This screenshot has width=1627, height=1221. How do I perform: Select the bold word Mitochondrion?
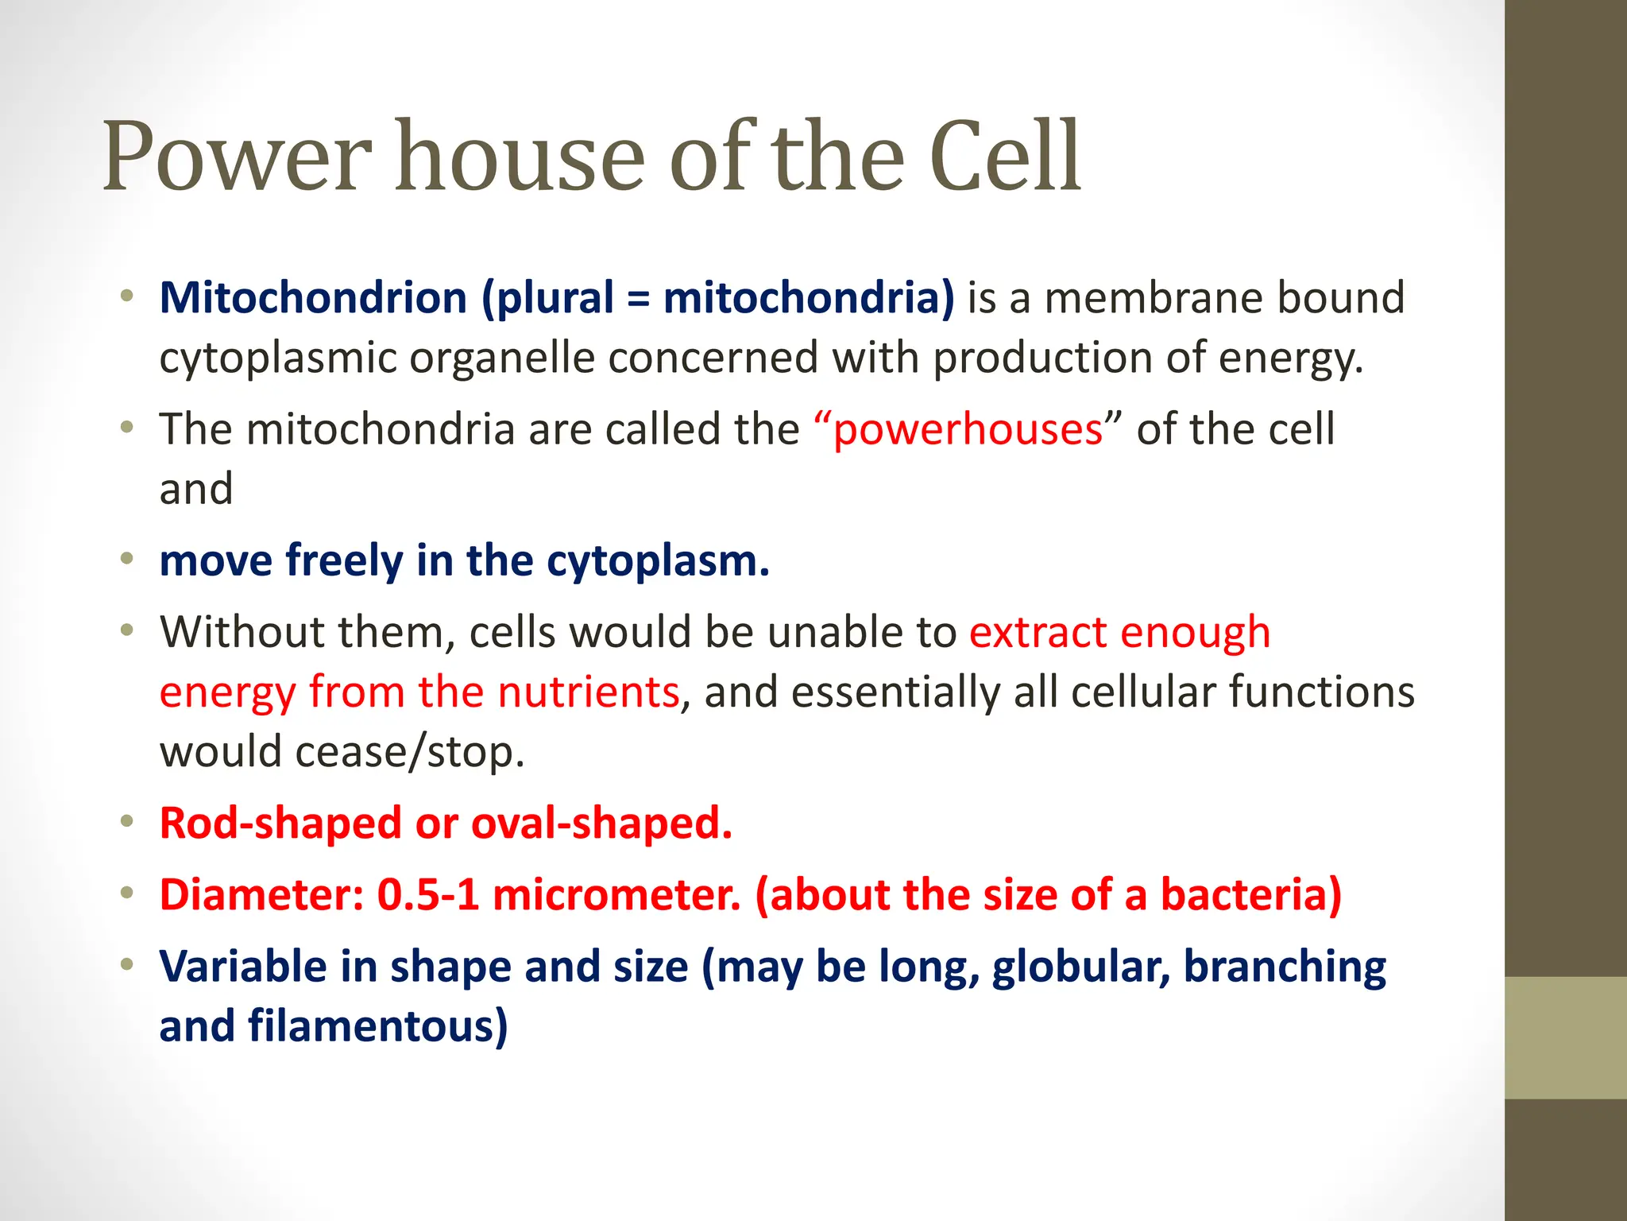coord(313,298)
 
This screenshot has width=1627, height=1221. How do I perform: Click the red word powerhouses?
coord(968,430)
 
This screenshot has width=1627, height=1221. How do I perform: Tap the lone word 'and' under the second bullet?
coord(195,489)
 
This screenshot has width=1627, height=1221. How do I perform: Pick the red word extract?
coord(1038,633)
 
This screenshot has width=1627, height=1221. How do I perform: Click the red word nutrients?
coord(588,692)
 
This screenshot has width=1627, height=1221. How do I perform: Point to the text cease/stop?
coord(410,752)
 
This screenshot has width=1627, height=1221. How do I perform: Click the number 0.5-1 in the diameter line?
coord(427,895)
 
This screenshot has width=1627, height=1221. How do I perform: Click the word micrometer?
coord(616,895)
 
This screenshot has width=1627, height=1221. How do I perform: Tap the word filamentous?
coord(377,1027)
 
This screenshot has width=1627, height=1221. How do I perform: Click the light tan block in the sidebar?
coord(1565,1037)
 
